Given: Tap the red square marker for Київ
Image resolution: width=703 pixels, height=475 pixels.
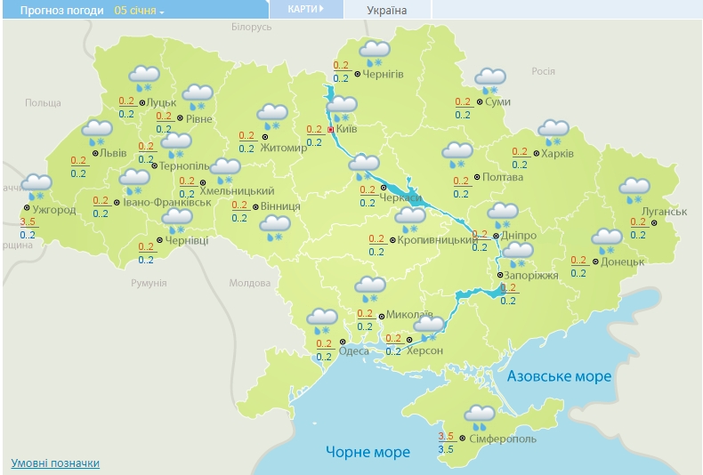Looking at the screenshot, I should pos(331,130).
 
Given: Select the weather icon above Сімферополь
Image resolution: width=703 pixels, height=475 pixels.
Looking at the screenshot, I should pos(480,415).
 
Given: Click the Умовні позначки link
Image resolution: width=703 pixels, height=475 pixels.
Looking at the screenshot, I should pos(55,463).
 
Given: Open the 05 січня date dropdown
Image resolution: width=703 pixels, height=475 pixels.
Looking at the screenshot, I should pos(140,11).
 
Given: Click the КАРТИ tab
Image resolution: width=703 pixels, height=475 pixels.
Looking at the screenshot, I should pos(305,9).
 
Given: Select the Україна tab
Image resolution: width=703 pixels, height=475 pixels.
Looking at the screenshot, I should pos(386,10).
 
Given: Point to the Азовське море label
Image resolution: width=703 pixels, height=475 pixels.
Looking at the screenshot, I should pos(559,376).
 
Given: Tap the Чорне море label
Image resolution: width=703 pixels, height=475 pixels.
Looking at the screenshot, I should pos(368,452).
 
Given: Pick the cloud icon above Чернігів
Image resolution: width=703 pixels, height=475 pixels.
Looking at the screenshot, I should pos(376,52).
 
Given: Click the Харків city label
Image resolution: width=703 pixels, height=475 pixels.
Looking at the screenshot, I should pos(557,153).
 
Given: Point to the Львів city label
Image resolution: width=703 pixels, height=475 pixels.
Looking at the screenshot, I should pos(112,153).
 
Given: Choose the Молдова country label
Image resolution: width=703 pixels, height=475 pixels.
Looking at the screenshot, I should pos(249,283).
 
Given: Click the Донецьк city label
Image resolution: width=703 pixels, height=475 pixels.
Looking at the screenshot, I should pos(622,262).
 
